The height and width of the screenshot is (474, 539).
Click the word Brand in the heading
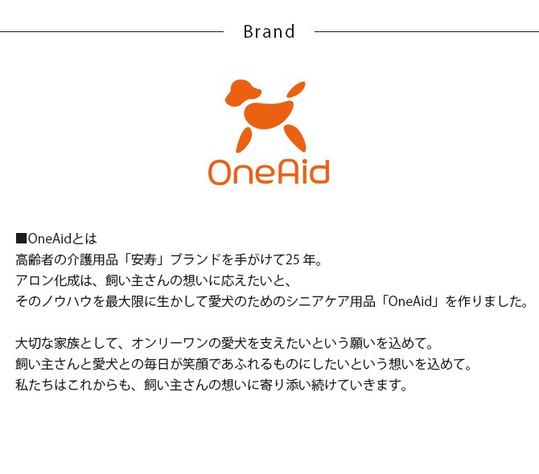click(x=269, y=32)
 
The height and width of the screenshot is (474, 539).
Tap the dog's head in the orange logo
click(x=241, y=93)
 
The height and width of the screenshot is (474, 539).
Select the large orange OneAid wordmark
click(x=269, y=171)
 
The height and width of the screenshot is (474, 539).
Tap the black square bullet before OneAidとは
click(x=22, y=239)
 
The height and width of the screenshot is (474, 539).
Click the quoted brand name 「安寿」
click(x=142, y=259)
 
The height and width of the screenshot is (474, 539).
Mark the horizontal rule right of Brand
click(x=426, y=32)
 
